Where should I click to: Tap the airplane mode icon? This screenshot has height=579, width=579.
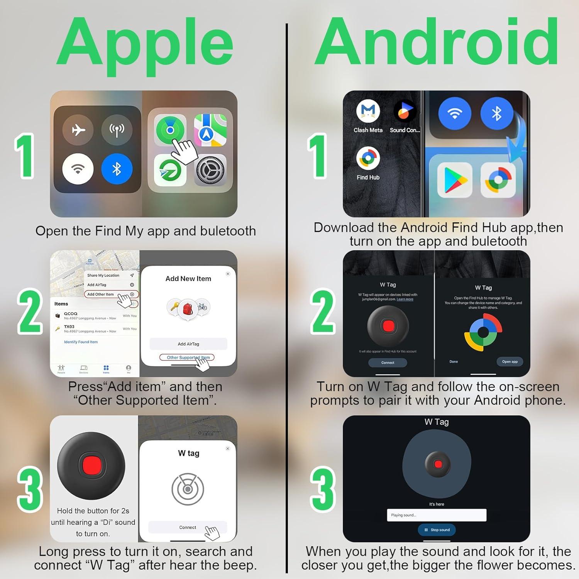point(78,130)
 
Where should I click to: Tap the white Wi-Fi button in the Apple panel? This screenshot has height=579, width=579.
point(78,169)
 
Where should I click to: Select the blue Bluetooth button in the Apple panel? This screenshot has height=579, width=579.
point(117,169)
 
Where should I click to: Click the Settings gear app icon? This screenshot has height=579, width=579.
point(210,170)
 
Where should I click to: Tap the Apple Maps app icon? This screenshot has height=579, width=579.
point(210,130)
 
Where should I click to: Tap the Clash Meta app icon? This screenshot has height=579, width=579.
point(368,111)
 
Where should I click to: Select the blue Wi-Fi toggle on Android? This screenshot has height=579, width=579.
point(455,113)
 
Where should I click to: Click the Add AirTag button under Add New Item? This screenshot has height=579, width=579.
point(188,344)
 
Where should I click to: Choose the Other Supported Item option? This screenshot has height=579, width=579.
point(187,357)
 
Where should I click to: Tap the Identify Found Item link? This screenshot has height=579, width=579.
point(81,342)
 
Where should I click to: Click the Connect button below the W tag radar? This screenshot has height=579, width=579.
point(188,527)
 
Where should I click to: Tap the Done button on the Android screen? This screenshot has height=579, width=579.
point(454,362)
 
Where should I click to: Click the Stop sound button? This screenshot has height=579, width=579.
point(437,530)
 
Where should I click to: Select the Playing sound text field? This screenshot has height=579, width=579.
point(437,515)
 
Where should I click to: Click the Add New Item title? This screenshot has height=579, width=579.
point(188,279)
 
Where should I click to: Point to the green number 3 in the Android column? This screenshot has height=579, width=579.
point(323,489)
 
